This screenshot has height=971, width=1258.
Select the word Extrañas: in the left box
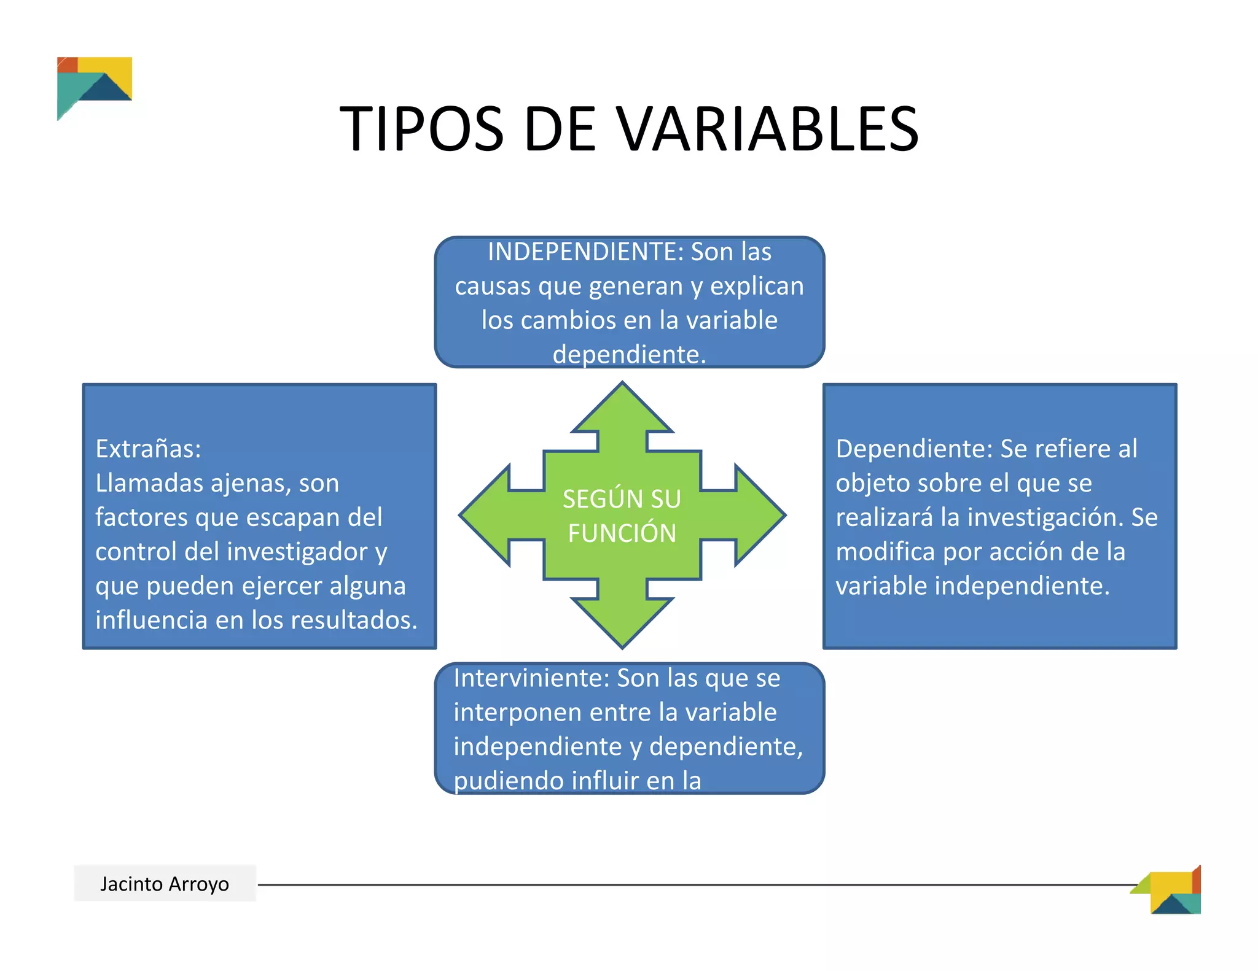pyautogui.click(x=148, y=449)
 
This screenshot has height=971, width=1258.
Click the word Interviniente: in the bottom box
pyautogui.click(x=531, y=678)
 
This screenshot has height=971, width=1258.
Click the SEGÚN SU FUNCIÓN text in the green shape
pyautogui.click(x=622, y=516)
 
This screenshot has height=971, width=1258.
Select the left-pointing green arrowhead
pyautogui.click(x=485, y=515)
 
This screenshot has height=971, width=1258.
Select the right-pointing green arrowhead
pyautogui.click(x=759, y=515)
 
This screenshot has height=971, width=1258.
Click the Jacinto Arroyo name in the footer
pyautogui.click(x=165, y=884)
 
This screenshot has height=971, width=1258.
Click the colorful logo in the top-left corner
pyautogui.click(x=93, y=86)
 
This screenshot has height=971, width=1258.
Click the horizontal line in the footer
pyautogui.click(x=676, y=884)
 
